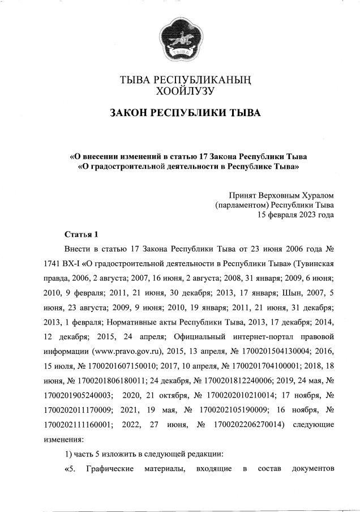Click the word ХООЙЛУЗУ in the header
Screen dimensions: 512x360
[x=181, y=90]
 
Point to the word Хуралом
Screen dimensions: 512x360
[x=314, y=194]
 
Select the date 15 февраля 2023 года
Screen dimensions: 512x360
[x=295, y=214]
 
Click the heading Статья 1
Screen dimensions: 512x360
[x=82, y=234]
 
